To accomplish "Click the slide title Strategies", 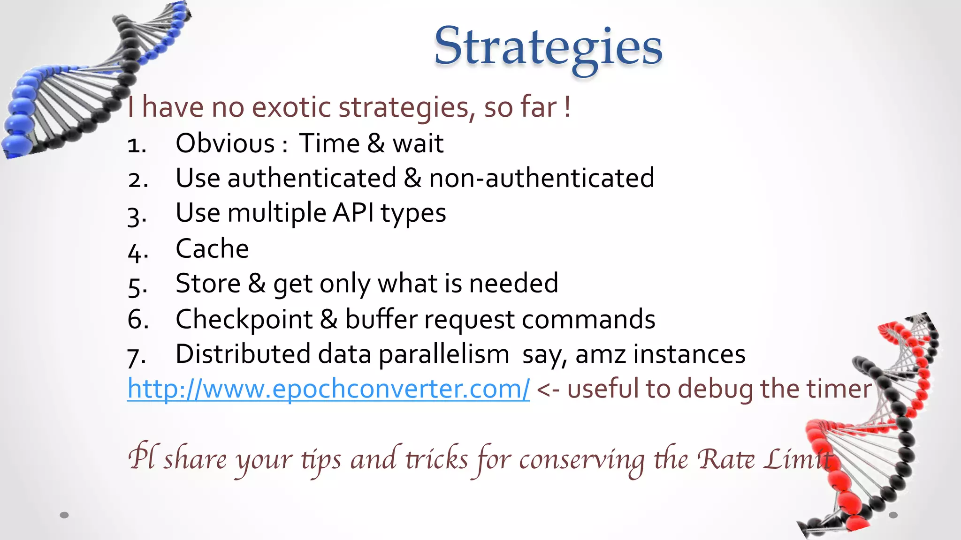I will click(548, 47).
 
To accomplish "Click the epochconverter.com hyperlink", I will click(328, 389).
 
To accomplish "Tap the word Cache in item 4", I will click(212, 248).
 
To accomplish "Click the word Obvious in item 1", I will click(225, 143).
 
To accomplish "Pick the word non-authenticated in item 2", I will click(542, 178).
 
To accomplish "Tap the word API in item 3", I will click(353, 213).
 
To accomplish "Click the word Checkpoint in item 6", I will click(244, 320).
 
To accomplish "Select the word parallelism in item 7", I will click(443, 355).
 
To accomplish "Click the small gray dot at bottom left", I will click(64, 515).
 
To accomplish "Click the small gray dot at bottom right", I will click(893, 515).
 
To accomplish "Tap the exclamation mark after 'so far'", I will click(568, 107).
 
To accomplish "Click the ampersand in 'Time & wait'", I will click(376, 143).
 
